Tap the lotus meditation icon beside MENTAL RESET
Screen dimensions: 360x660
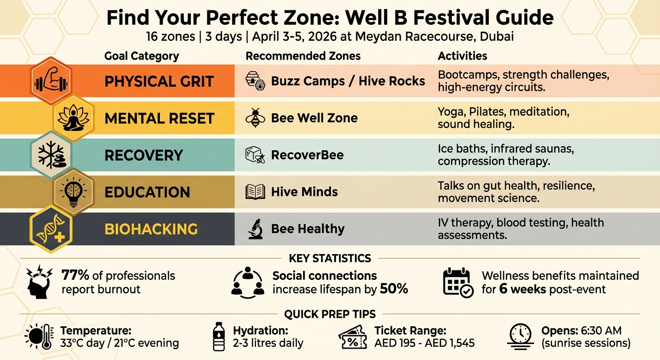(x=74, y=118)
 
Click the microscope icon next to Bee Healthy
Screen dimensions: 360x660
(x=255, y=229)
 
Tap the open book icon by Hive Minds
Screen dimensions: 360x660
(x=255, y=192)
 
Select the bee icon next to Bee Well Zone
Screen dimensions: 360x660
(x=255, y=118)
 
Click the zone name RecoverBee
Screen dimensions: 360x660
(x=307, y=155)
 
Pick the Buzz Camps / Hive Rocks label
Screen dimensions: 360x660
(x=348, y=81)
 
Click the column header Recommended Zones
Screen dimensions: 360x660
(x=303, y=56)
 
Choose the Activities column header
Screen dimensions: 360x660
(x=462, y=56)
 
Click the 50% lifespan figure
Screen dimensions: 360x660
(x=394, y=289)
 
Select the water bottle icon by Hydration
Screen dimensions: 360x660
(x=219, y=336)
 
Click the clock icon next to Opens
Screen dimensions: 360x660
(x=520, y=336)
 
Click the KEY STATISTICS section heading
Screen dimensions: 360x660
(x=330, y=258)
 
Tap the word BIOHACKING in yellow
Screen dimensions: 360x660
(x=151, y=229)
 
